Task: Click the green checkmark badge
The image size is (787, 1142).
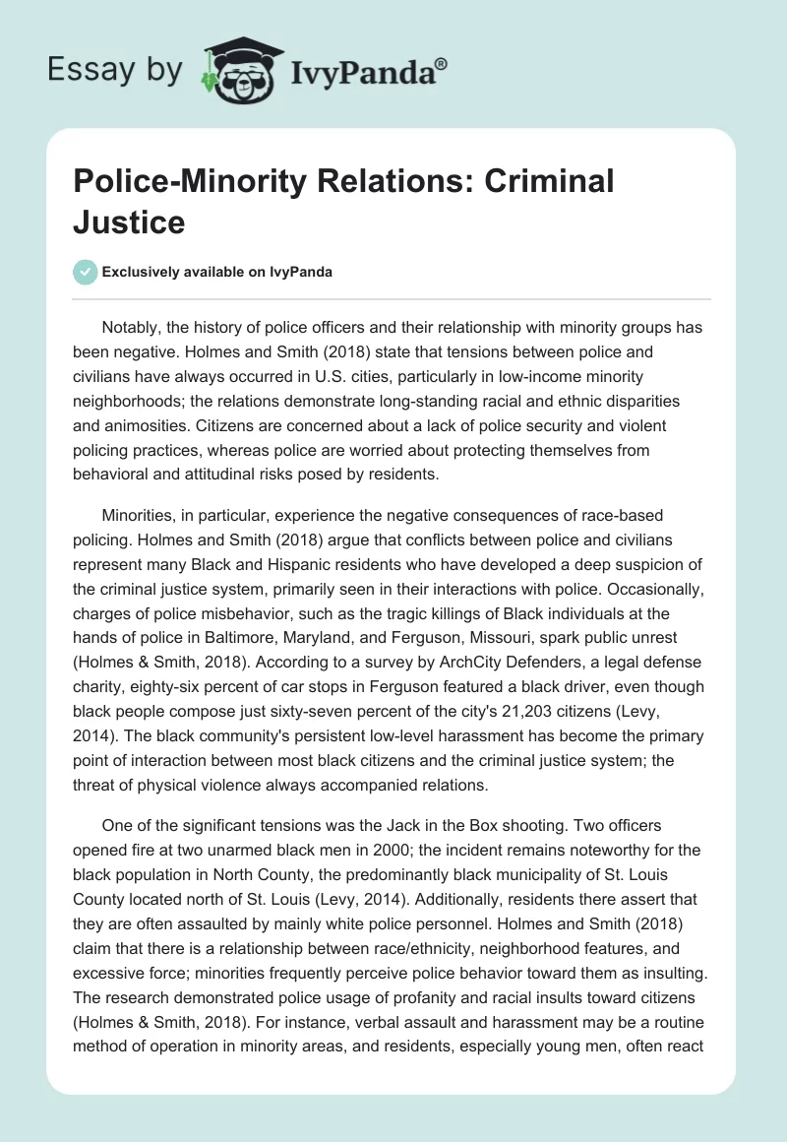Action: [x=86, y=272]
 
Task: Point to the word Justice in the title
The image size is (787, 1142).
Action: [x=130, y=222]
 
